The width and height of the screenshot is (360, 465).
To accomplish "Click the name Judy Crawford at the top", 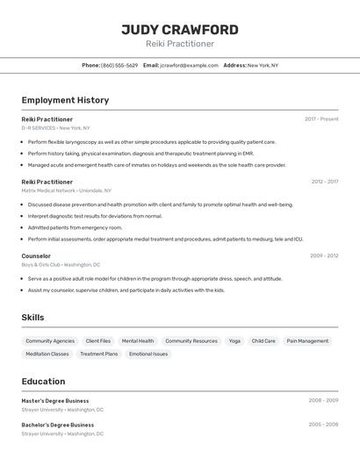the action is click(x=179, y=29).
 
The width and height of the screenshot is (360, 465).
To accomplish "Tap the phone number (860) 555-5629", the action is click(x=119, y=65).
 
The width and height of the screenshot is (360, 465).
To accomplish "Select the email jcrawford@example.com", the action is click(x=189, y=65).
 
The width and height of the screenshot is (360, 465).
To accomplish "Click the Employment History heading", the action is click(x=65, y=100).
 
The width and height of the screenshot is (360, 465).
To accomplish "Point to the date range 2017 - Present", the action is click(x=321, y=118).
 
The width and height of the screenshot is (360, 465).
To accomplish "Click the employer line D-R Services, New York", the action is click(x=57, y=127).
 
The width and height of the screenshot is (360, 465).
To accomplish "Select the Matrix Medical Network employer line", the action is click(x=66, y=190).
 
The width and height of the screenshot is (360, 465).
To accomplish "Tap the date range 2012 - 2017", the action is click(x=324, y=182).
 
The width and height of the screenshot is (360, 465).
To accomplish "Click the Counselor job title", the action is click(x=36, y=255).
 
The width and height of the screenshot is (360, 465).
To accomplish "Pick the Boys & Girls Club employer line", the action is click(x=61, y=264).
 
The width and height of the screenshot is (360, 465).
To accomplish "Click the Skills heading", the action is click(x=32, y=318).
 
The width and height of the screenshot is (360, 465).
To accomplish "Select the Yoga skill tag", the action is click(x=234, y=340).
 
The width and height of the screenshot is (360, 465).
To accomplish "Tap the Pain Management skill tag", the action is click(x=307, y=340).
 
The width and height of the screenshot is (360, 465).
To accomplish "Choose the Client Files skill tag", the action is click(x=98, y=340).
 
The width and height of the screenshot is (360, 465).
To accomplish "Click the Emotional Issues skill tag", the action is click(x=148, y=354).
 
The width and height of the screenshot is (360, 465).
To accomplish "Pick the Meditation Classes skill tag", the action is click(x=47, y=354).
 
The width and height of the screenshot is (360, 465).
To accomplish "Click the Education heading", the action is click(x=43, y=382).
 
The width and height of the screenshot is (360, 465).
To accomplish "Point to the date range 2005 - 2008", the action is click(x=323, y=425).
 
